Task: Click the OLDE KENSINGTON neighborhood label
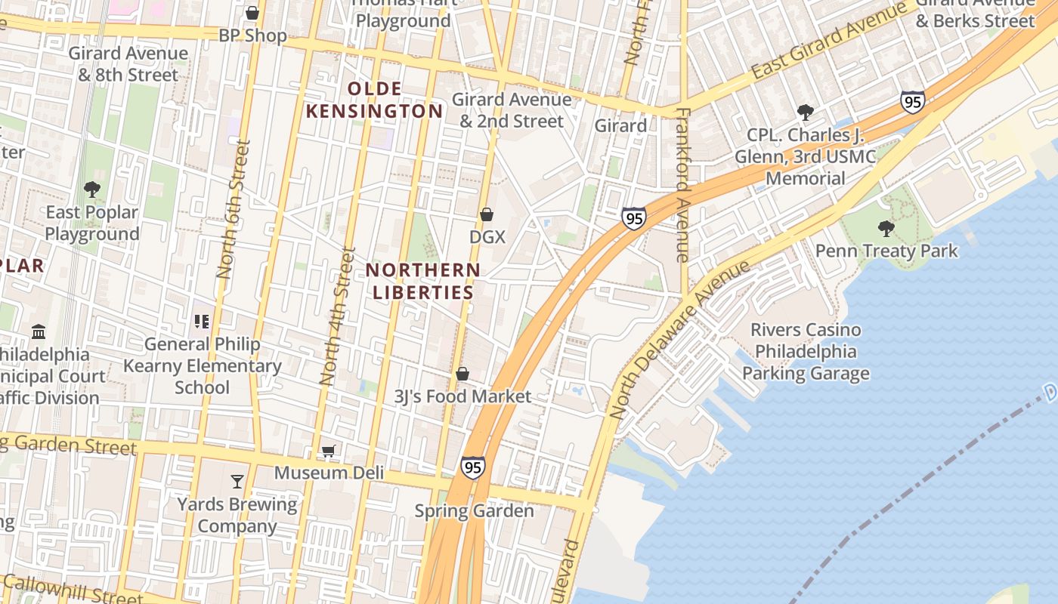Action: pos(373,100)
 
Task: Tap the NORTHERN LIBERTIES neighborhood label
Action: pos(423,281)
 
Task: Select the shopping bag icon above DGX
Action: pos(487,215)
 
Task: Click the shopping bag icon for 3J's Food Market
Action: pos(462,374)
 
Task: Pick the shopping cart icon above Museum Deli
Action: pos(328,451)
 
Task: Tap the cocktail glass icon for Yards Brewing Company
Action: pos(237,482)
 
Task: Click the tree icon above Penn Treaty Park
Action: pos(886,228)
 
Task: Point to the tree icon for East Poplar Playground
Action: pos(92,189)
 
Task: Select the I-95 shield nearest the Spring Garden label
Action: pos(472,467)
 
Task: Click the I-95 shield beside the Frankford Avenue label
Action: pos(633,218)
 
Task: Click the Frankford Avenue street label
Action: pos(683,185)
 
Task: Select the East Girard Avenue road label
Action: pos(828,42)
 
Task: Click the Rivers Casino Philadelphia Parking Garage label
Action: pos(806,352)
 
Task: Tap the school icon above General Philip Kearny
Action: pos(201,322)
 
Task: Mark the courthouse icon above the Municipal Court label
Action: pos(39,332)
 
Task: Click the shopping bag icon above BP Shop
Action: pos(252,14)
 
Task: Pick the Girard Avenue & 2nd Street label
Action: pos(512,110)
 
